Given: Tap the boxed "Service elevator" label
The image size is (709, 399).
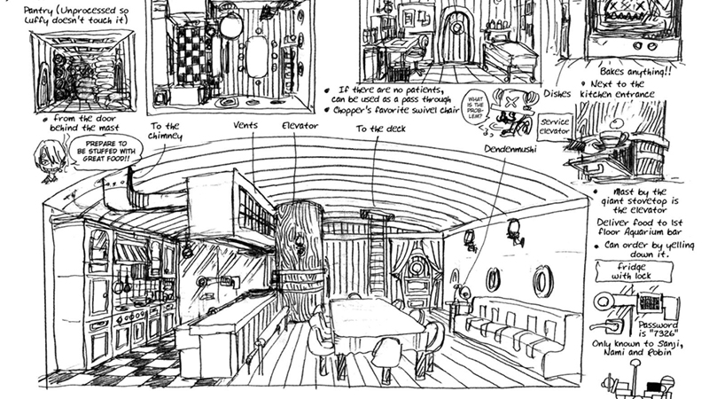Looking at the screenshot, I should [x=554, y=126].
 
